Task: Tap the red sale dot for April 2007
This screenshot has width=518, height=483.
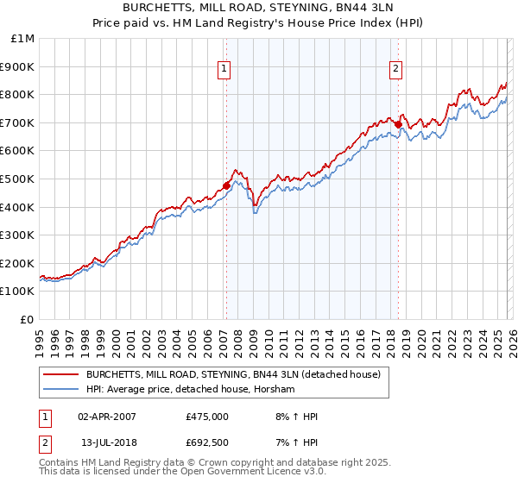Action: tap(226, 185)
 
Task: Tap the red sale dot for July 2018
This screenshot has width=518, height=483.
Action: tap(398, 124)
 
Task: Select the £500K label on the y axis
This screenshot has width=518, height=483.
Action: tap(19, 179)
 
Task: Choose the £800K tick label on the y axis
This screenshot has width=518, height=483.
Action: tap(19, 95)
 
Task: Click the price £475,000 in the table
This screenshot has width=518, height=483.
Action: tap(207, 417)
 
